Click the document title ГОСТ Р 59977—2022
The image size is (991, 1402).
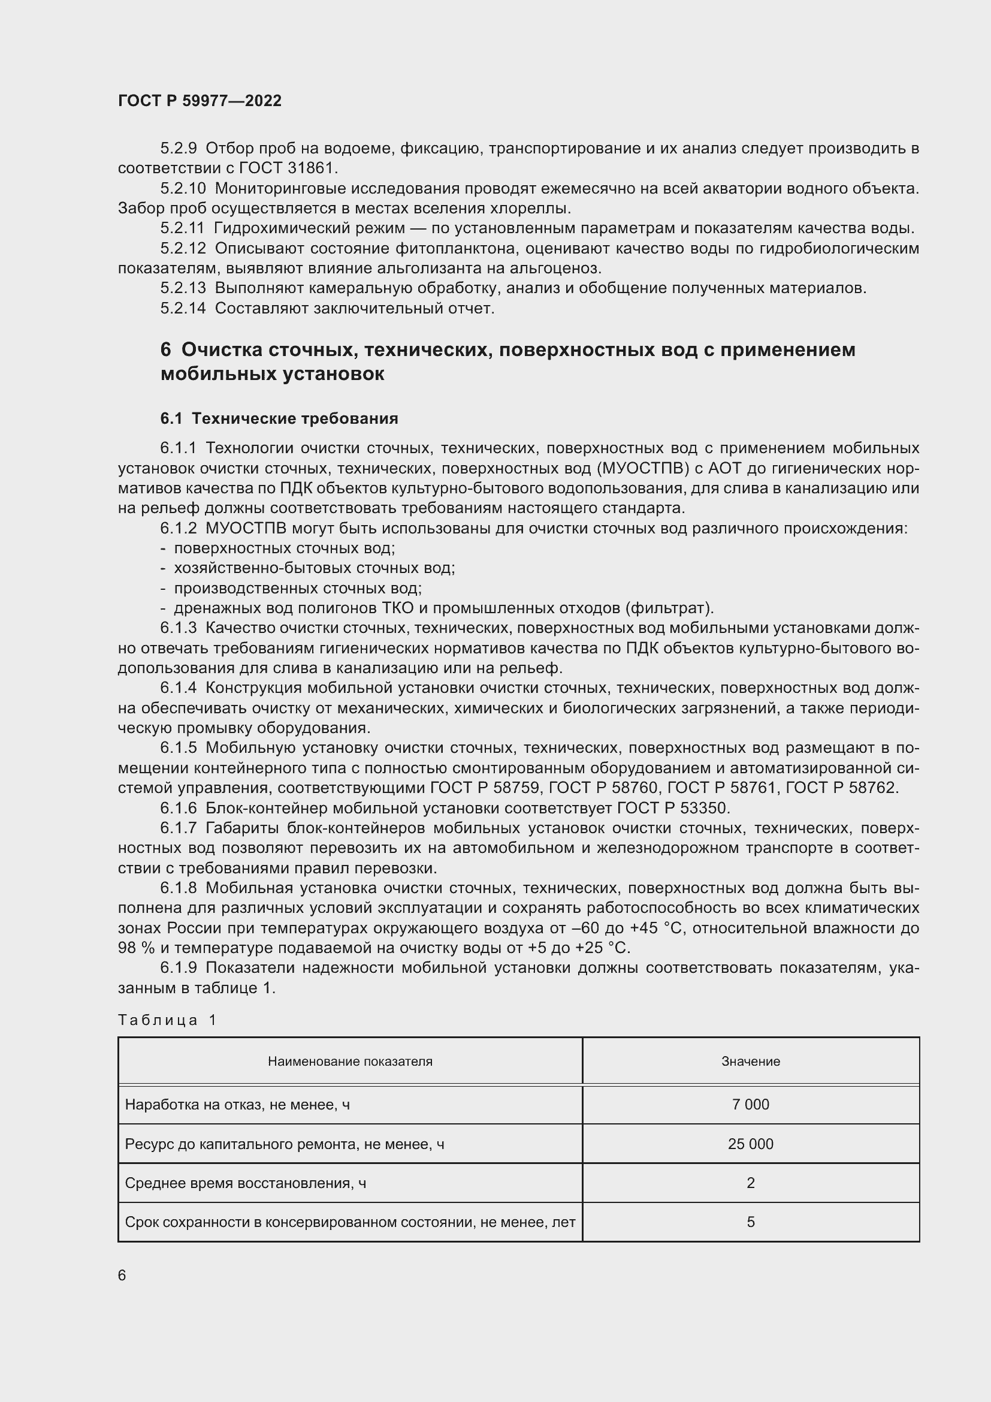tap(200, 101)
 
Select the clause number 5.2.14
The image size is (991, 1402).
tap(183, 308)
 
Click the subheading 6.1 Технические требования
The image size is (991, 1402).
tap(279, 418)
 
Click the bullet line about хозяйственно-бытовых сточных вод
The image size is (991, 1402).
tap(315, 568)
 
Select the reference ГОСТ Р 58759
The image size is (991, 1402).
tap(475, 788)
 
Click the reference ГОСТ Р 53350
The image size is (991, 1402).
tap(673, 808)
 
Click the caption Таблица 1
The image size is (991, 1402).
tap(167, 1020)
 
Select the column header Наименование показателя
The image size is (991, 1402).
tap(350, 1062)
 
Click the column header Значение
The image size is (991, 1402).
tap(750, 1062)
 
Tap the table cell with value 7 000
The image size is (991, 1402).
tap(750, 1104)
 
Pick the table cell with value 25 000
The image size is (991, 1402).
tap(750, 1144)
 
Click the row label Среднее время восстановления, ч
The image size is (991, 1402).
tap(245, 1183)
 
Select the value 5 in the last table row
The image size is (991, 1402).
tap(750, 1222)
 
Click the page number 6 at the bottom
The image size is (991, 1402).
tap(122, 1276)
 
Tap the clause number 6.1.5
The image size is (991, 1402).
tap(178, 748)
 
